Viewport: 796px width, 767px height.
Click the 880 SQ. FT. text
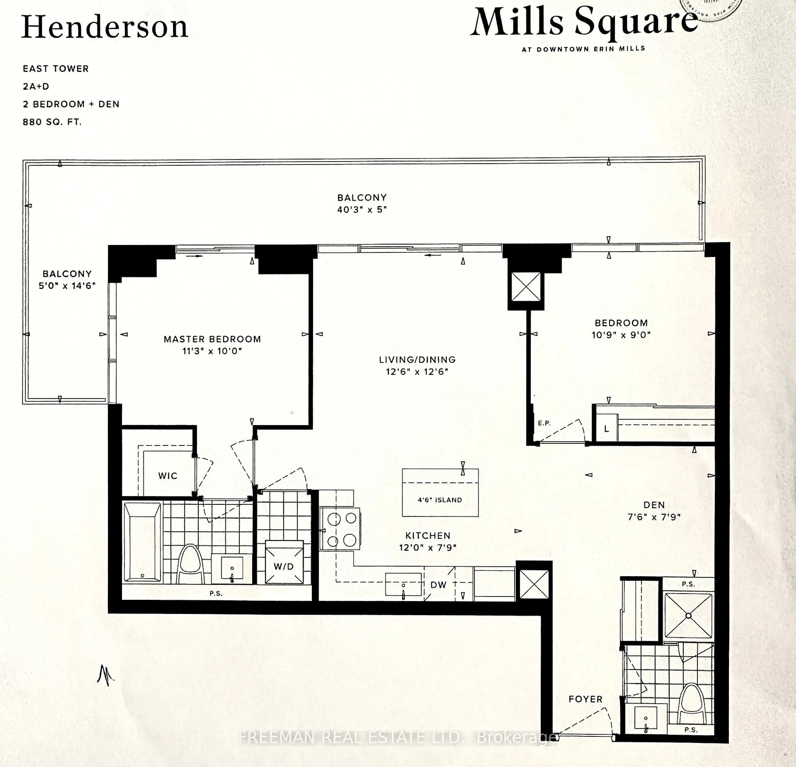click(x=52, y=122)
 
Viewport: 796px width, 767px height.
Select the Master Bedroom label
click(x=212, y=339)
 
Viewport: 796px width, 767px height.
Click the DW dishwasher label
click(x=438, y=585)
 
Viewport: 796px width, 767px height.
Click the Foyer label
click(x=585, y=699)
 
